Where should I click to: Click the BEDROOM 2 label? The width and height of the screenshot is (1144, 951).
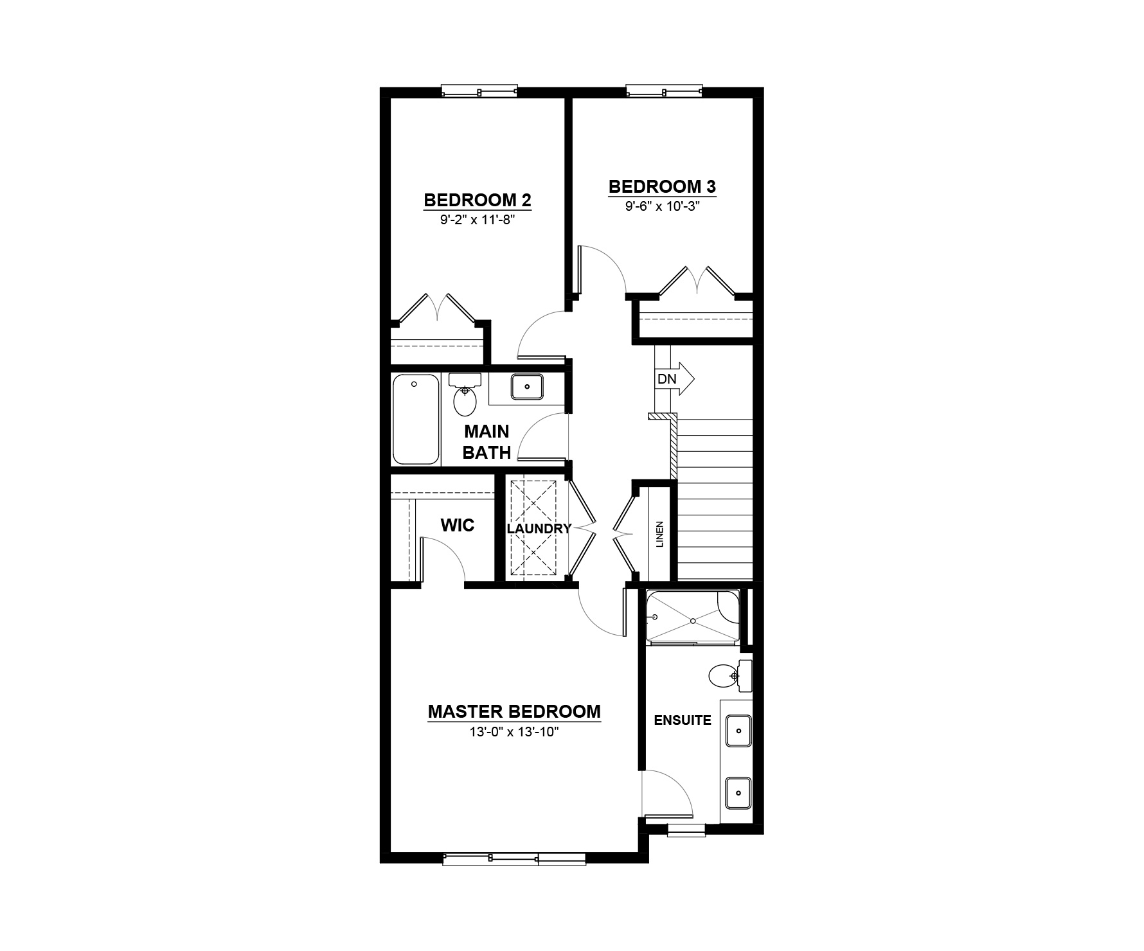478,200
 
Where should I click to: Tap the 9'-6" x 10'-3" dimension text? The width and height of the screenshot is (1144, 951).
662,206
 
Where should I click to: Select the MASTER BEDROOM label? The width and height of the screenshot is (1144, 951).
514,712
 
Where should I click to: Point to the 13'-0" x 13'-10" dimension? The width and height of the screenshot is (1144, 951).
514,732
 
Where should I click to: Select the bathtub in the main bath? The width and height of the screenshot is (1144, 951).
416,419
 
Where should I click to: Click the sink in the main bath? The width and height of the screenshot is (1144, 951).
527,387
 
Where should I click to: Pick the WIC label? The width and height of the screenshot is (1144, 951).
458,526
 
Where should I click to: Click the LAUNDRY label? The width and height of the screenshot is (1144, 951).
539,529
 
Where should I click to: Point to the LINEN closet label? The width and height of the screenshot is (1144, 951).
659,533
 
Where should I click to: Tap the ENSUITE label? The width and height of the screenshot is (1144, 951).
683,720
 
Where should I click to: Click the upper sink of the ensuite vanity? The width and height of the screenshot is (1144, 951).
739,731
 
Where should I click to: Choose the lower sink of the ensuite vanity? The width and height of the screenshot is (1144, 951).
739,793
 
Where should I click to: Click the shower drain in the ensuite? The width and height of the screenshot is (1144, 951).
693,621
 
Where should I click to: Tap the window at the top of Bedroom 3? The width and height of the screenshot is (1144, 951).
665,91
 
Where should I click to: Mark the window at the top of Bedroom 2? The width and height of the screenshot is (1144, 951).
479,91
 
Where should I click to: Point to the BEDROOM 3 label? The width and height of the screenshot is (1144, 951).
663,186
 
